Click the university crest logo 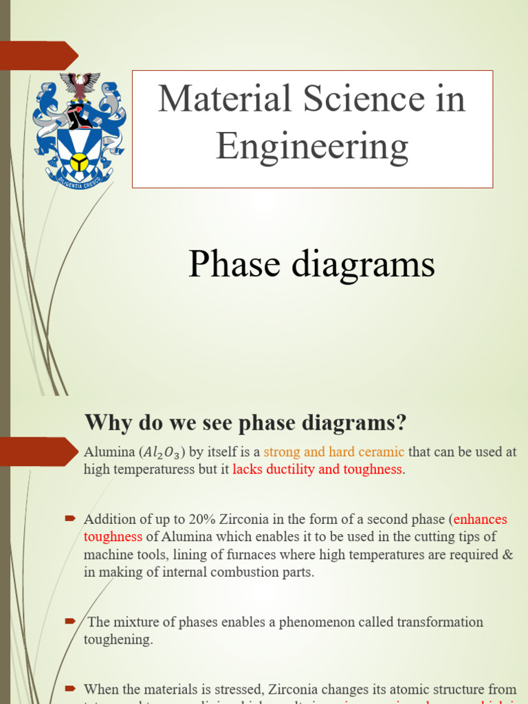(79, 131)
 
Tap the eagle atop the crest (80, 85)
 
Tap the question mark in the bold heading (399, 423)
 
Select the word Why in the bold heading (105, 423)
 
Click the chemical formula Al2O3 (164, 452)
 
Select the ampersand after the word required (508, 555)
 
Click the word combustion (247, 572)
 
